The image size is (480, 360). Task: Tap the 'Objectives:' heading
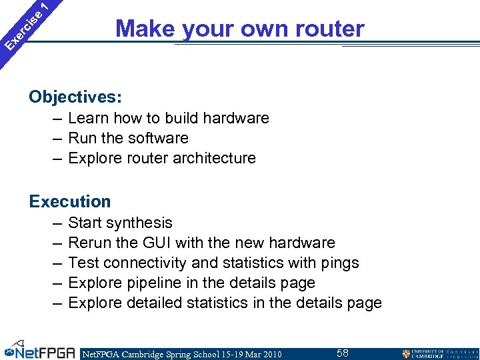[75, 97]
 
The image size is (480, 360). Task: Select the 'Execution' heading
[70, 201]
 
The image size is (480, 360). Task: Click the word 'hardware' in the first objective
[236, 118]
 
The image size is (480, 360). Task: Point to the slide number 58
[342, 353]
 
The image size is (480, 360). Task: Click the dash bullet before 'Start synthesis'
[56, 223]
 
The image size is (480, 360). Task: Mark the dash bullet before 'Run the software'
[56, 138]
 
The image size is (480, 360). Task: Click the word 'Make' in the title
[136, 29]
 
